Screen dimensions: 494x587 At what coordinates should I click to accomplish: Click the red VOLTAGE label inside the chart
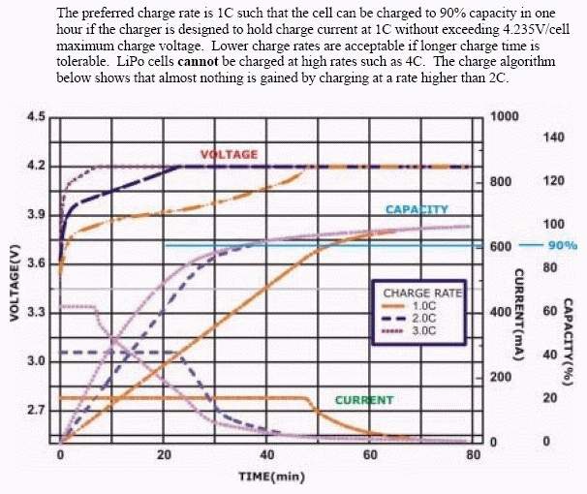tap(229, 155)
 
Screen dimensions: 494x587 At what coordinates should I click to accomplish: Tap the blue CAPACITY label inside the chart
tap(417, 210)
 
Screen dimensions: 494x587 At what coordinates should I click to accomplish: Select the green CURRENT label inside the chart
tap(364, 400)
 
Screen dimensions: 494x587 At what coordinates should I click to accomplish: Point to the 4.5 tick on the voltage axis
tap(36, 118)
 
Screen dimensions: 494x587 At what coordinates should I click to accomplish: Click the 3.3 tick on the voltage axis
tap(36, 313)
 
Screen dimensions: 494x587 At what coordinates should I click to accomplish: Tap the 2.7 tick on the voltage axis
tap(36, 411)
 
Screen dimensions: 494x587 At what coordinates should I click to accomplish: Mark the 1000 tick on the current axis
tap(505, 116)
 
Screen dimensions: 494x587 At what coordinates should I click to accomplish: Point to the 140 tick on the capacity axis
tap(553, 138)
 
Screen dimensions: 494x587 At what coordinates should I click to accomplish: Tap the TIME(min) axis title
tap(266, 477)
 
